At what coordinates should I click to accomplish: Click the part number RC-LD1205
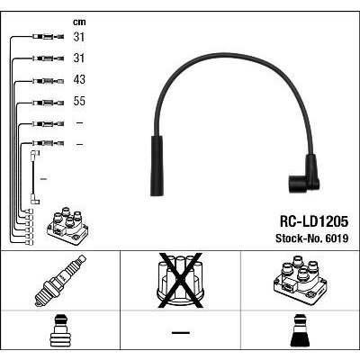(314, 221)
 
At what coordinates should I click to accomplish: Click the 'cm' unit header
(79, 22)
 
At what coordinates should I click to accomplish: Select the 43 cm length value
(79, 79)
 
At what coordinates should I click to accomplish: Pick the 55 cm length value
(79, 101)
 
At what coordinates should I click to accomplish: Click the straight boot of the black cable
(157, 166)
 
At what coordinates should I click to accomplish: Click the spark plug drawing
(60, 281)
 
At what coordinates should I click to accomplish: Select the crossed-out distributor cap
(180, 280)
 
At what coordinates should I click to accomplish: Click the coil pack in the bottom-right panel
(300, 278)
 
